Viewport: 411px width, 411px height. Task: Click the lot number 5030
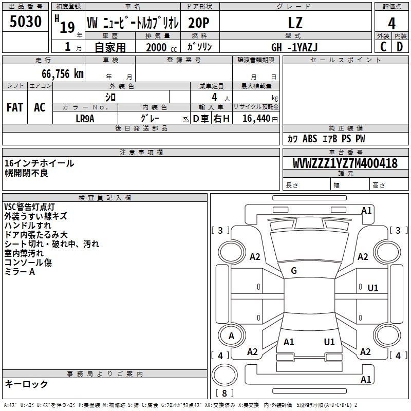25,22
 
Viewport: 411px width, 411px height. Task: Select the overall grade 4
391,24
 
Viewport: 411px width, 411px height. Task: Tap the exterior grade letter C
383,47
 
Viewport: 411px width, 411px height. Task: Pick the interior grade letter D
400,47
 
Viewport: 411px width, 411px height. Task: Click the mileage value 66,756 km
63,74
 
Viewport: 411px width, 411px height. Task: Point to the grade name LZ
295,23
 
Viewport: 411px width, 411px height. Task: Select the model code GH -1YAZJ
294,47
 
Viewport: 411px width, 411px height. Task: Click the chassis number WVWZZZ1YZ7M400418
345,163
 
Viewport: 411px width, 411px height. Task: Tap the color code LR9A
85,119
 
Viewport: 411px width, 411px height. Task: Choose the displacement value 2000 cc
161,47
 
